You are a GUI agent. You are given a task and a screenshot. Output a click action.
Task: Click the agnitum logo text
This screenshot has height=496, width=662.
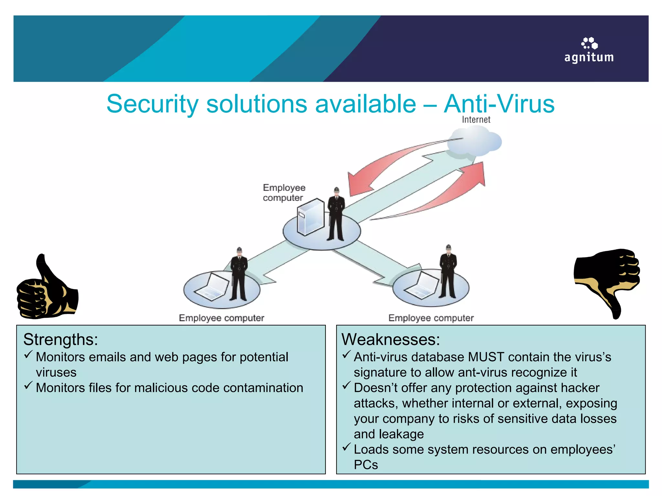coord(589,57)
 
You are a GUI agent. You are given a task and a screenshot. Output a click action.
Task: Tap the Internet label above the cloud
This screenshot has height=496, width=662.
coord(476,120)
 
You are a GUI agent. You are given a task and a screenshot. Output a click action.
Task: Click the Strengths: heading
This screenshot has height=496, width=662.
coord(60,340)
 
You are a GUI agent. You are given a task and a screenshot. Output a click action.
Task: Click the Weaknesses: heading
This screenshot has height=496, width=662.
coord(390,340)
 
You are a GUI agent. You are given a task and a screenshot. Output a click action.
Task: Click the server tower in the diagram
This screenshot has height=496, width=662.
coord(310,217)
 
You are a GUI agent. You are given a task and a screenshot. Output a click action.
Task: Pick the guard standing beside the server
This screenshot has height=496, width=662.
coord(336,214)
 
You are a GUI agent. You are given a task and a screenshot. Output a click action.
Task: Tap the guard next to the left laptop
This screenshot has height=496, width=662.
coord(239,274)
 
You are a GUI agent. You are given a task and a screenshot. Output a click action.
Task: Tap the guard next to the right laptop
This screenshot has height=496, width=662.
coord(448,272)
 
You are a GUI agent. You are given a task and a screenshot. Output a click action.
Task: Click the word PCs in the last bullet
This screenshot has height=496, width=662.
coord(366,465)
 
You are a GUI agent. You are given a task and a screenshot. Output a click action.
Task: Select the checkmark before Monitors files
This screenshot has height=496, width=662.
coord(28,385)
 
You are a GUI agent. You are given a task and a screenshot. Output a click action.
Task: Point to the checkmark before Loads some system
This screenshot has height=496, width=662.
coord(347,447)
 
